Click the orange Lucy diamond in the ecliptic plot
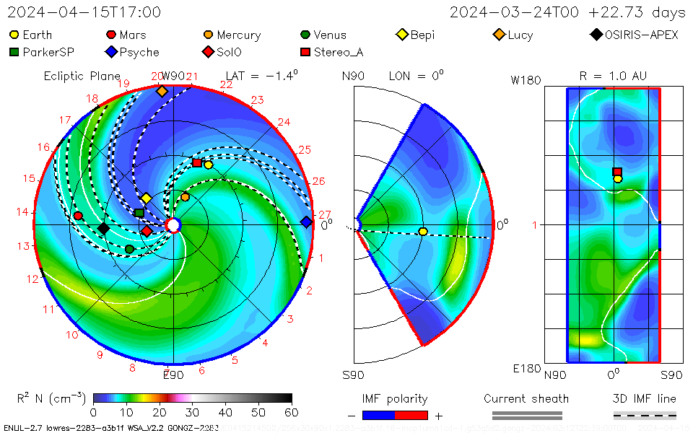[x=162, y=91]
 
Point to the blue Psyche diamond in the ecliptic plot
[x=306, y=222]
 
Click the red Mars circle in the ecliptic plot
[x=78, y=216]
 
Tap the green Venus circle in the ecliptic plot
[x=129, y=249]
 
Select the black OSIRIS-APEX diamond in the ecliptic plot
[x=103, y=229]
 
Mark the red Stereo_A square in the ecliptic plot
[x=197, y=163]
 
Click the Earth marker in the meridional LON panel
[x=423, y=231]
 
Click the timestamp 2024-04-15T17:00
[x=84, y=12]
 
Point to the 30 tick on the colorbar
[x=193, y=412]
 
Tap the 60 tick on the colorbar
[x=292, y=412]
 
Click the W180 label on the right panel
[x=526, y=81]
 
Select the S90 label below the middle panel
[x=353, y=375]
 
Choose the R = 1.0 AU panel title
[x=613, y=76]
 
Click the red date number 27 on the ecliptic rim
[x=324, y=214]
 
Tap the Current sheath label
[x=526, y=398]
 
